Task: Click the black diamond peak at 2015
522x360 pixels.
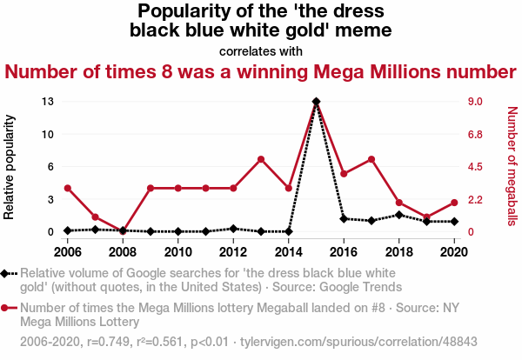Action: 316,102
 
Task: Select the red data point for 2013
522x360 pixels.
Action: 261,159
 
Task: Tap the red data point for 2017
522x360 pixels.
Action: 371,159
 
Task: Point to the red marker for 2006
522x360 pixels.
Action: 67,188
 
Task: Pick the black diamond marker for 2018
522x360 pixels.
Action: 398,214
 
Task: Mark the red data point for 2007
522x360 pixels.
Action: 95,217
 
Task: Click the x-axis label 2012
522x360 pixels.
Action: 233,252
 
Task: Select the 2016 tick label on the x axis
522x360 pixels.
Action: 344,252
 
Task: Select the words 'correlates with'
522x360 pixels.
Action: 261,51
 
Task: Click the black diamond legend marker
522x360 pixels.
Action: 9,272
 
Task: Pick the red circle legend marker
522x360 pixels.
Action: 9,308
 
